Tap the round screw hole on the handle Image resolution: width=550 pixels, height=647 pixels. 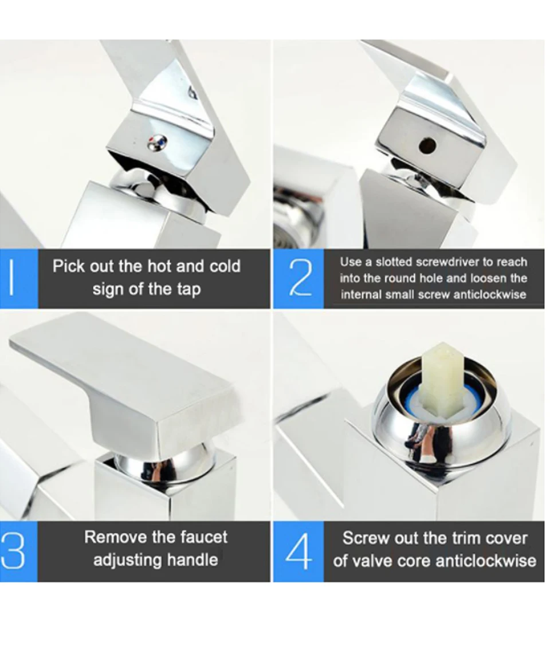pyautogui.click(x=427, y=145)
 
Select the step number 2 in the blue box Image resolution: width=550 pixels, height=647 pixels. pyautogui.click(x=300, y=278)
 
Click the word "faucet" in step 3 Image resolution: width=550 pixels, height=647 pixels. pyautogui.click(x=203, y=537)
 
